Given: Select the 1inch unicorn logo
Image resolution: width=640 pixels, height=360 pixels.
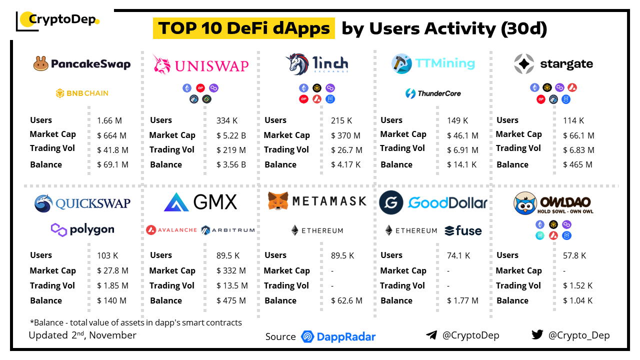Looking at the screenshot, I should (296, 64).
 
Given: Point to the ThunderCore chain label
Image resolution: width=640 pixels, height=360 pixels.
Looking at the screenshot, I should (433, 93).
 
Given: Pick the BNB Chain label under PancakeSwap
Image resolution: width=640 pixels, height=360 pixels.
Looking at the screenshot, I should (82, 93).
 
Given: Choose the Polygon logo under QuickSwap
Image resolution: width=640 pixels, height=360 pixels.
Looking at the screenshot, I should (82, 230).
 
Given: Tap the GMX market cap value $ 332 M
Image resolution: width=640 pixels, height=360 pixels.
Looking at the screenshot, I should (231, 270).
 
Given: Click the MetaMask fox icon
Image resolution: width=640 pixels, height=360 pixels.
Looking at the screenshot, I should (277, 201).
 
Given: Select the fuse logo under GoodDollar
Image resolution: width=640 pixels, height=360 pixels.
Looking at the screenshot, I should (463, 230).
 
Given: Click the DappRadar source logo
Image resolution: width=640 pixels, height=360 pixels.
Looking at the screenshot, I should (338, 336).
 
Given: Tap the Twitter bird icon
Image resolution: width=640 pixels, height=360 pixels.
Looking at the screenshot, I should (537, 335).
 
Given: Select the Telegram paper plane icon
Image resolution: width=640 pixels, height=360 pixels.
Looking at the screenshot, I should (431, 335).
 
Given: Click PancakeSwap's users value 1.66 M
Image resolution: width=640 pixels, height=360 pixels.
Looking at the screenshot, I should (109, 120).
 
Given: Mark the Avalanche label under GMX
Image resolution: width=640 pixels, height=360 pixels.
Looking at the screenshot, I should (171, 230).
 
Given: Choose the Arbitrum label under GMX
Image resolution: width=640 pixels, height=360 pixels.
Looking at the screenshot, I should (228, 230).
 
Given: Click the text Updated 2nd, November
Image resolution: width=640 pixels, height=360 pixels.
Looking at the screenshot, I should (82, 335).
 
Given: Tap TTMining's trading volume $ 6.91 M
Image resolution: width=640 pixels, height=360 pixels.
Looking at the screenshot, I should (462, 149).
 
